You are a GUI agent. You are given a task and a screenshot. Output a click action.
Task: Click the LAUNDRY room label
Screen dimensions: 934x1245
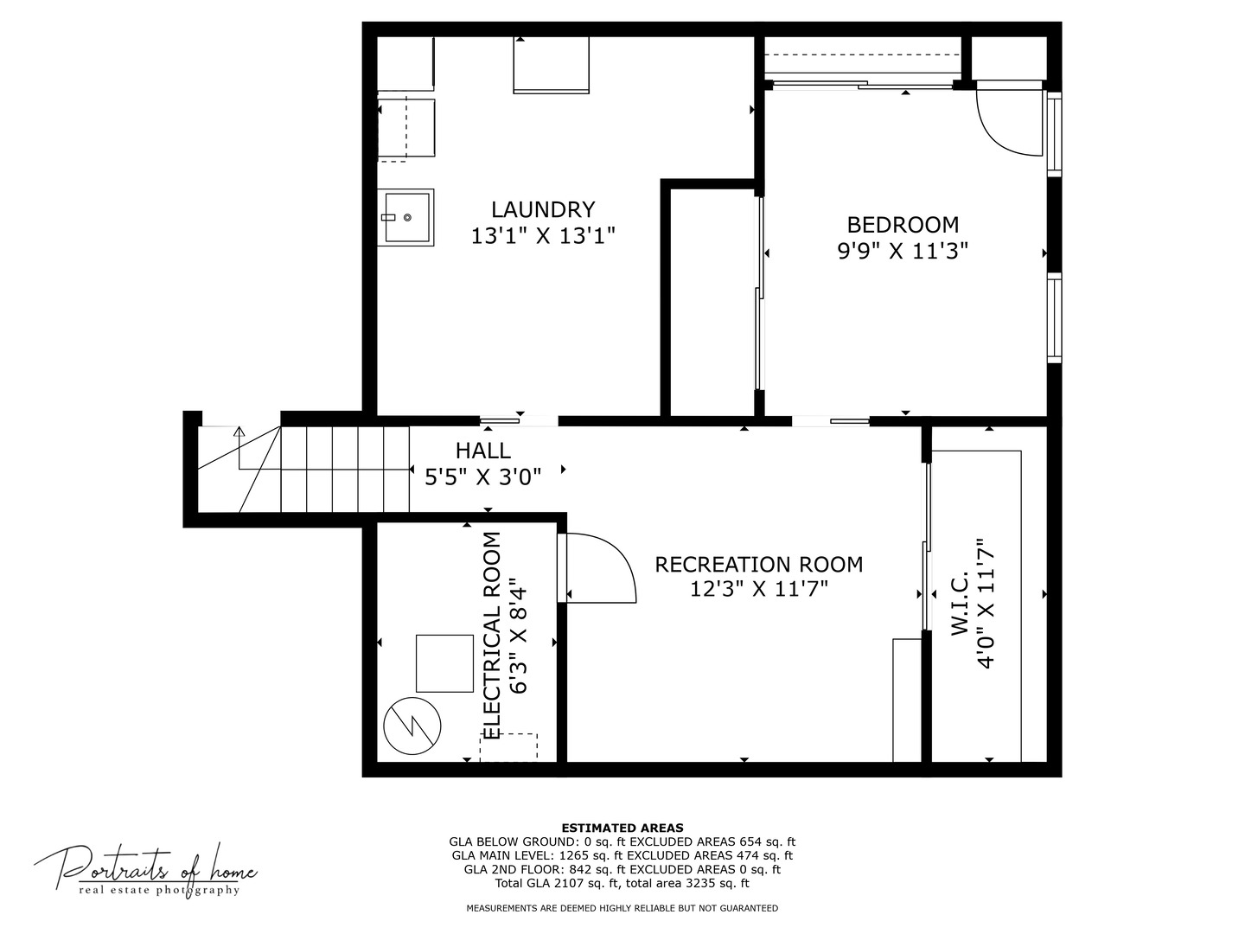[x=543, y=210]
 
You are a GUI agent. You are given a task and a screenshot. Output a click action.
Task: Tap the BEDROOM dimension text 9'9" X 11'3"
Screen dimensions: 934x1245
[x=903, y=251]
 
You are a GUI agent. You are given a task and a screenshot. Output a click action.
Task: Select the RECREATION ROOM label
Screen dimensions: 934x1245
[x=758, y=565]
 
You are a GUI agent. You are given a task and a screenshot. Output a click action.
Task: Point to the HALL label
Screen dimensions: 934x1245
[x=482, y=451]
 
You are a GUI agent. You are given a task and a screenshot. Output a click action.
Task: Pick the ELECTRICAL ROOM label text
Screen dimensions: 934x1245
[x=491, y=636]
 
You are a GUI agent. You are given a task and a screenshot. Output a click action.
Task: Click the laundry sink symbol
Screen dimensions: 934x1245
[x=405, y=218]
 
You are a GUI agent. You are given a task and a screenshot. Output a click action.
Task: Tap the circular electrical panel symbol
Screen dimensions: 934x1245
[x=412, y=726]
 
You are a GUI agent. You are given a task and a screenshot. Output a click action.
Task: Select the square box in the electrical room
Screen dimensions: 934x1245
[x=444, y=663]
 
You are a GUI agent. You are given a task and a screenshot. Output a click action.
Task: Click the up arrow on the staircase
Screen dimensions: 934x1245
[x=239, y=431]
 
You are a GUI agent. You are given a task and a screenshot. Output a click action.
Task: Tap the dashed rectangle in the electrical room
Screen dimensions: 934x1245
[x=508, y=747]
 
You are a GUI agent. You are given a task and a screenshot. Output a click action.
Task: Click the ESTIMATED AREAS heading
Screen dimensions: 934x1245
[x=622, y=828]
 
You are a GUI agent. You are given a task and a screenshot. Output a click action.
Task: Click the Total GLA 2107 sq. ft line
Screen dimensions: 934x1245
[x=622, y=883]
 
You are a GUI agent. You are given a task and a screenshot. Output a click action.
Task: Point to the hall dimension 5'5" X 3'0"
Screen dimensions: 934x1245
[x=482, y=477]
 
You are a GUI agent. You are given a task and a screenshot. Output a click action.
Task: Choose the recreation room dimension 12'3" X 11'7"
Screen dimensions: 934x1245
[x=758, y=589]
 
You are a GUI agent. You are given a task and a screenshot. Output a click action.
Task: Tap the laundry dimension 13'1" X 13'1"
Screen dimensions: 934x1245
[x=543, y=235]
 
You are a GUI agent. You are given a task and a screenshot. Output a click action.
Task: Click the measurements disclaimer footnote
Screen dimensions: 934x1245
[x=622, y=908]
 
